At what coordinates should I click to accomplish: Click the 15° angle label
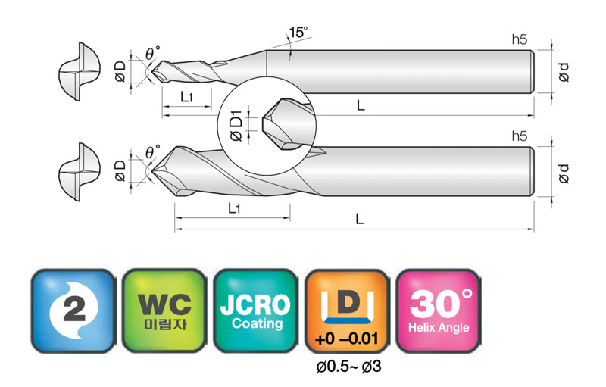[298, 32]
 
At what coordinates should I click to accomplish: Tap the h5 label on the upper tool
[520, 39]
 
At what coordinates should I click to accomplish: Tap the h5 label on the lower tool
[520, 136]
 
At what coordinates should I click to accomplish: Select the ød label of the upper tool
[564, 72]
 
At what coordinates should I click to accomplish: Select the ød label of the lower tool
[564, 173]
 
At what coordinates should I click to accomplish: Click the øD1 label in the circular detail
[236, 126]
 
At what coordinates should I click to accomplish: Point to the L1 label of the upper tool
[186, 96]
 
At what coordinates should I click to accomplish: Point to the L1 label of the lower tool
[234, 208]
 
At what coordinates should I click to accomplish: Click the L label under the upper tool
[361, 105]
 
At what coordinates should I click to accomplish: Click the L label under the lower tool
[359, 219]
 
